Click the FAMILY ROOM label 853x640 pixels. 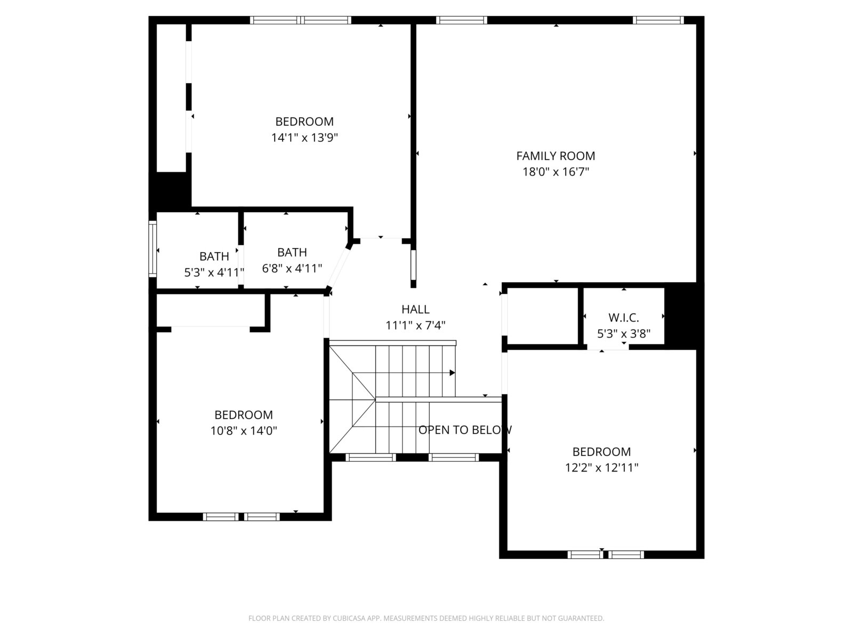pos(556,156)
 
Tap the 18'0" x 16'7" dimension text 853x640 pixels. pos(556,172)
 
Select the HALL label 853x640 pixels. pos(415,309)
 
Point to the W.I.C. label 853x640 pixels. pos(623,318)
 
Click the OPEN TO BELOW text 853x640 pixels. pos(465,430)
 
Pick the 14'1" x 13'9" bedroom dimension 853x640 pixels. pos(304,138)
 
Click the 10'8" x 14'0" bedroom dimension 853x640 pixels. pos(244,431)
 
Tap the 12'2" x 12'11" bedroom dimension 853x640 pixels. pos(601,468)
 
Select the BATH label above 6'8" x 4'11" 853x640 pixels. pos(292,253)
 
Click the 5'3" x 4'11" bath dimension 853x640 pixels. pos(214,273)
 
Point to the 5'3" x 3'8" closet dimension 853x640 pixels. pos(623,334)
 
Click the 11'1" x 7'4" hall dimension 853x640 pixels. pos(415,325)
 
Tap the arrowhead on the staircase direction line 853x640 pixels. pos(452,373)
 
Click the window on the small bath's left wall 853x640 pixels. pos(152,249)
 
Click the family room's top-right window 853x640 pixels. pos(658,20)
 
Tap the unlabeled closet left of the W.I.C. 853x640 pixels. pos(543,316)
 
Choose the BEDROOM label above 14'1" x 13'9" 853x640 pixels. pos(304,122)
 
